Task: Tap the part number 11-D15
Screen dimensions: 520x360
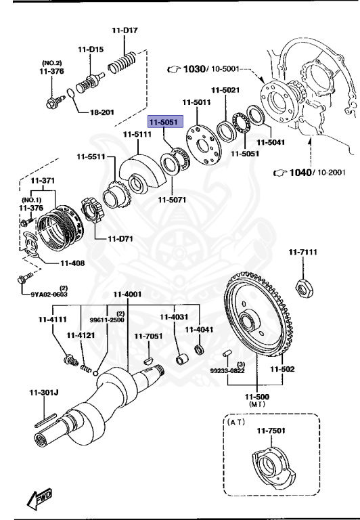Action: (91, 49)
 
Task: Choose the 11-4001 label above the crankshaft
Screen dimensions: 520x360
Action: (127, 294)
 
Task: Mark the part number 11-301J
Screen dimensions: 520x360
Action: (44, 392)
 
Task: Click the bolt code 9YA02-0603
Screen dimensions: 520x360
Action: (50, 294)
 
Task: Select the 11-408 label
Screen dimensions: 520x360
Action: (72, 263)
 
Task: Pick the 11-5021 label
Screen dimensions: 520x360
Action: (225, 90)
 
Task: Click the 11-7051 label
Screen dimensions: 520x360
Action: (148, 336)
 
